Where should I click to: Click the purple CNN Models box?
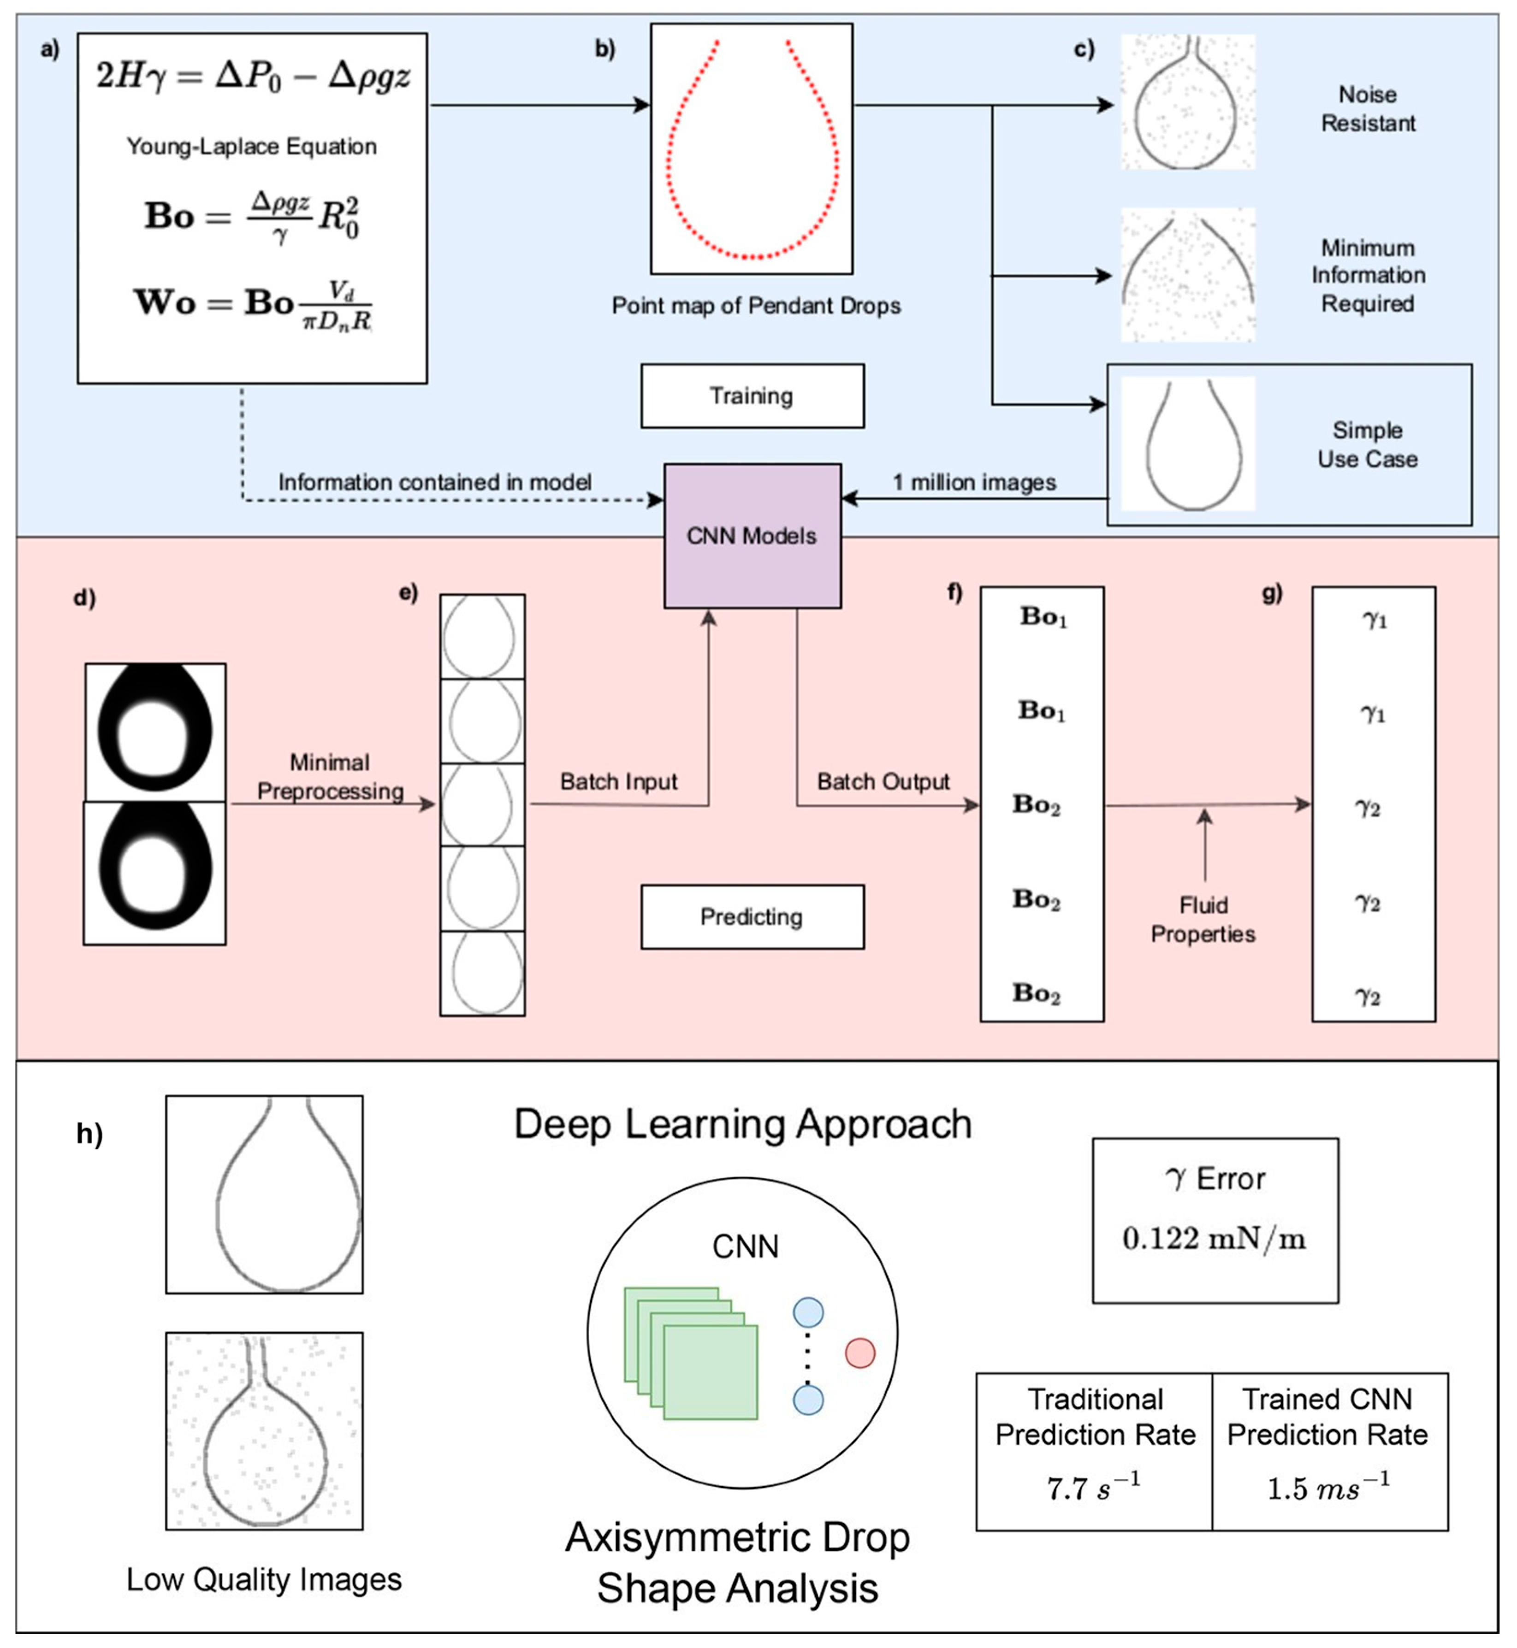click(752, 536)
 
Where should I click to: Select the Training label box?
click(752, 396)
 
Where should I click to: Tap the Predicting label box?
click(752, 917)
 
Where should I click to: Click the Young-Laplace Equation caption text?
click(251, 147)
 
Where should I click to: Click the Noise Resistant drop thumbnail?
click(1188, 103)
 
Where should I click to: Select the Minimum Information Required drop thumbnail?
click(1188, 275)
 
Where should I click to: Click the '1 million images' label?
click(974, 483)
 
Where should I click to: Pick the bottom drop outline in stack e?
click(483, 974)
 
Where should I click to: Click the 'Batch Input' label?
click(618, 782)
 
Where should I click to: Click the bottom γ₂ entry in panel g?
click(1368, 996)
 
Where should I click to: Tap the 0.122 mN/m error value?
click(1214, 1239)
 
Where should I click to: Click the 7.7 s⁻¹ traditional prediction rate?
click(1093, 1488)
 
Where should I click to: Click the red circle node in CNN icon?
click(859, 1353)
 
